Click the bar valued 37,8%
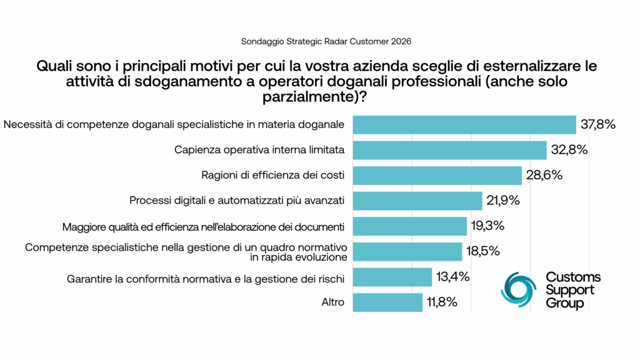464,125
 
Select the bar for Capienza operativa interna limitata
450,150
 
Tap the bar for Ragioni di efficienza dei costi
437,176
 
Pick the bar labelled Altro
387,302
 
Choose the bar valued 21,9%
417,201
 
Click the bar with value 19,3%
410,226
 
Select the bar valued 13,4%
392,277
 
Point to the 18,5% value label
482,252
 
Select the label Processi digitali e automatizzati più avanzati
237,201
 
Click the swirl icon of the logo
518,289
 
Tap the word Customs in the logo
573,277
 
